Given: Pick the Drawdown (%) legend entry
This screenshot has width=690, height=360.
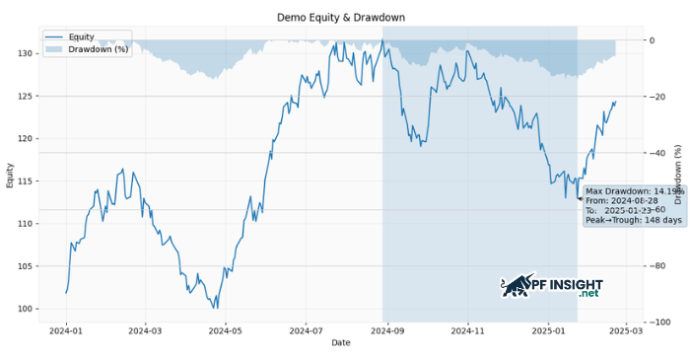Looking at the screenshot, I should (95, 48).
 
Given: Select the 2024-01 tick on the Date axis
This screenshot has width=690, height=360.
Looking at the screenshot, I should (66, 331).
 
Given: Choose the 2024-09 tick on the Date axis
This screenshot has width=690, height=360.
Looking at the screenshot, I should (382, 331).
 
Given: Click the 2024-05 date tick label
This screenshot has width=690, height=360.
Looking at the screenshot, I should (224, 331).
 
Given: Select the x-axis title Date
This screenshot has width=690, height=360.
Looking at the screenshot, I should (340, 343).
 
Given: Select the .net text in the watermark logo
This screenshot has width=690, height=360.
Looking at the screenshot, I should (588, 294).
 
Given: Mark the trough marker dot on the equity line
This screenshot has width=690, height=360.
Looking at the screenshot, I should (579, 198).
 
